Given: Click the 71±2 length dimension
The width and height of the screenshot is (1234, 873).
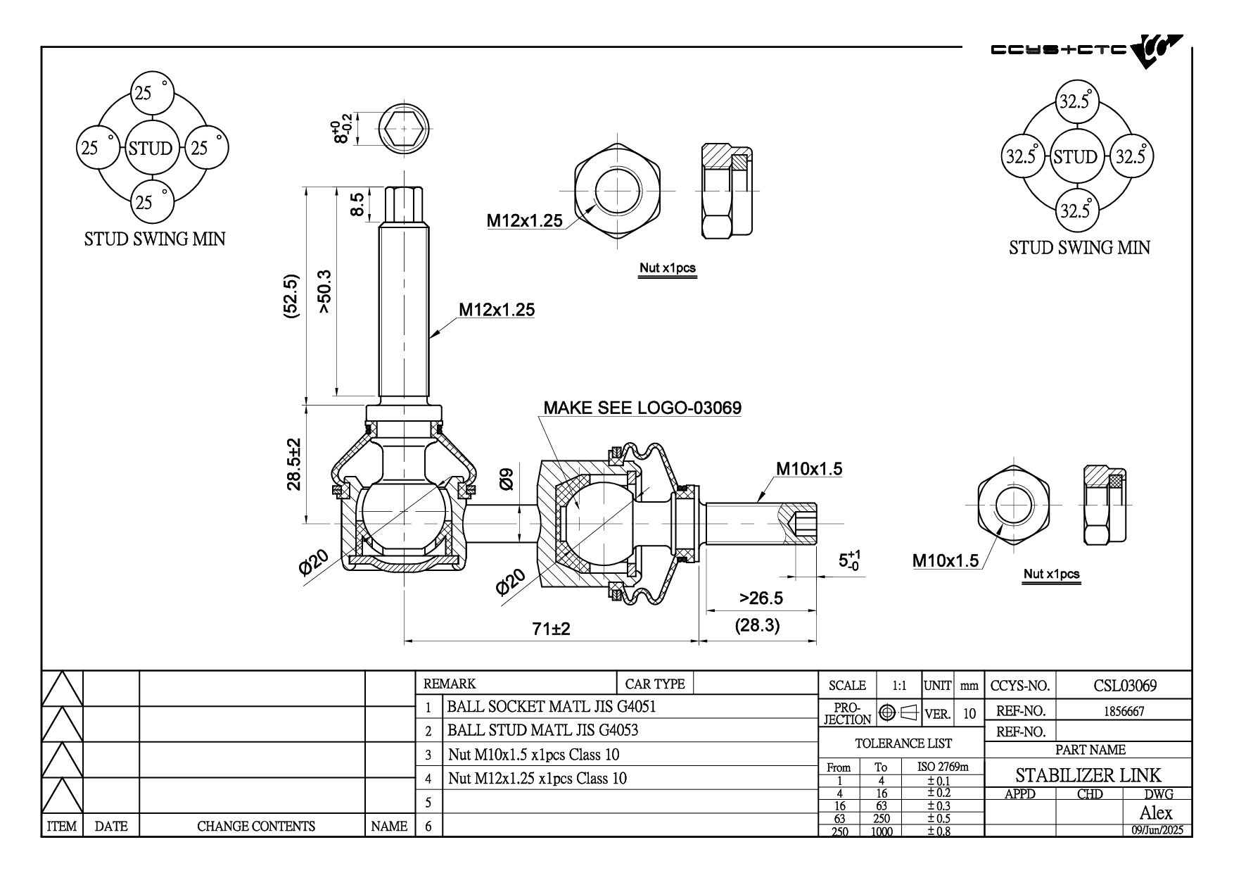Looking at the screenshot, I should tap(550, 629).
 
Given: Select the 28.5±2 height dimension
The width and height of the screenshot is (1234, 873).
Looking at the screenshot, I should tap(294, 464).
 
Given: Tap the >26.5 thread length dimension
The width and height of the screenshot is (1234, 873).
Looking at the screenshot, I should tap(761, 598).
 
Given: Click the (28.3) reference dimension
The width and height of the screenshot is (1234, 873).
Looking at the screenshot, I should tap(757, 625).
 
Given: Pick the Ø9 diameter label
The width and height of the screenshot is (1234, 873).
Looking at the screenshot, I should tap(506, 479).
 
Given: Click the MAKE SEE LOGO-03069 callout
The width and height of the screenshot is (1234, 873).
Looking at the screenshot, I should tap(642, 408).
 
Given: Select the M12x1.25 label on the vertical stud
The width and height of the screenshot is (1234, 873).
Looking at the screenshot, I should tap(497, 309).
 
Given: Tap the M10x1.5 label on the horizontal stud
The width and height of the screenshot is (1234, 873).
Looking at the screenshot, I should tap(808, 469).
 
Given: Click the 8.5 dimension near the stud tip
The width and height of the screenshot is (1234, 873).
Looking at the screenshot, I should tap(357, 205).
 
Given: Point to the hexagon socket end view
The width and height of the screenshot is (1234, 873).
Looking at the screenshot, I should tap(404, 130).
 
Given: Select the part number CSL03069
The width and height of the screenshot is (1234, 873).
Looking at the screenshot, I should tap(1125, 685).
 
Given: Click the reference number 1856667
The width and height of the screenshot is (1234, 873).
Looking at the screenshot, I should tap(1124, 711).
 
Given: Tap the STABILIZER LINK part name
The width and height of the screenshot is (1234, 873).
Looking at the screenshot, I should tap(1088, 775).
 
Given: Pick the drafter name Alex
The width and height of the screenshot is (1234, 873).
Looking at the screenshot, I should tap(1155, 813).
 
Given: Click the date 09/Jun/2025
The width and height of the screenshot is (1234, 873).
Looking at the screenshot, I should tap(1157, 830).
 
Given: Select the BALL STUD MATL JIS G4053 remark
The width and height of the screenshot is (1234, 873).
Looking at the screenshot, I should tap(542, 730).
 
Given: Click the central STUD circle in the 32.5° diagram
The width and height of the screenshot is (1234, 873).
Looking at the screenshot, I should tap(1075, 156).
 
